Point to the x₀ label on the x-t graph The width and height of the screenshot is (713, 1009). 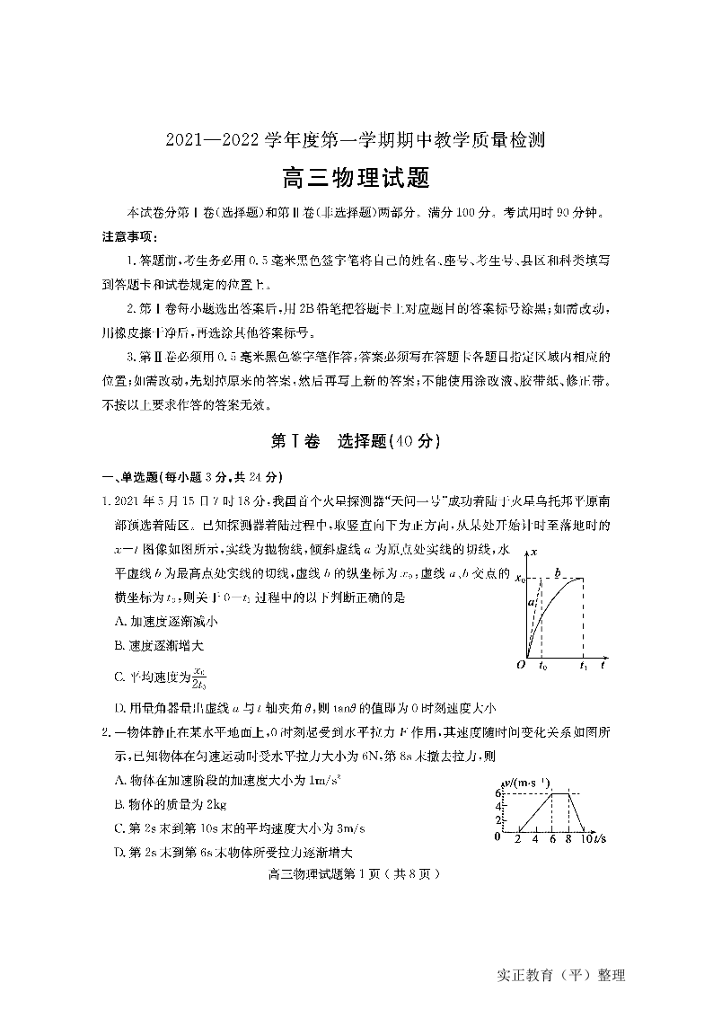[x=518, y=579]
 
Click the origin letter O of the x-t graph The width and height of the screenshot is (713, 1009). [x=520, y=665]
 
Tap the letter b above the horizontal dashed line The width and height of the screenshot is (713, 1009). [x=558, y=571]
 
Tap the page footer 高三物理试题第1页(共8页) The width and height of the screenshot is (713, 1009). [x=353, y=872]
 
